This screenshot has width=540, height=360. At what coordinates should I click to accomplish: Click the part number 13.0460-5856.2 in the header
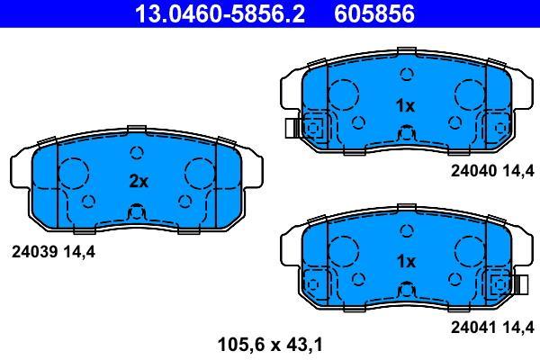click(220, 13)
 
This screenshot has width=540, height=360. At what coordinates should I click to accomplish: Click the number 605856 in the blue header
click(374, 13)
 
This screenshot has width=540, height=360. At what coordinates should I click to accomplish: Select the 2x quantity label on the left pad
click(139, 181)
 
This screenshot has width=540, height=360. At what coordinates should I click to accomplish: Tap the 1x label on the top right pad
click(406, 105)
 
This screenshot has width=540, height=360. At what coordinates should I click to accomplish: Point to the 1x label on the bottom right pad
click(406, 262)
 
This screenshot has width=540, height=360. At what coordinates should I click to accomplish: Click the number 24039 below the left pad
click(34, 252)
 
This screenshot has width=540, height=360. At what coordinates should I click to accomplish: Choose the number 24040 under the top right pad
click(474, 170)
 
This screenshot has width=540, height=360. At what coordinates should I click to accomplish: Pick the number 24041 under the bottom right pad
click(474, 327)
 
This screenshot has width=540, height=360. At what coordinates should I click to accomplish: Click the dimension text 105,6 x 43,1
click(270, 345)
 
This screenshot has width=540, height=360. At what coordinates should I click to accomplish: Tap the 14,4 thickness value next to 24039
click(79, 253)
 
